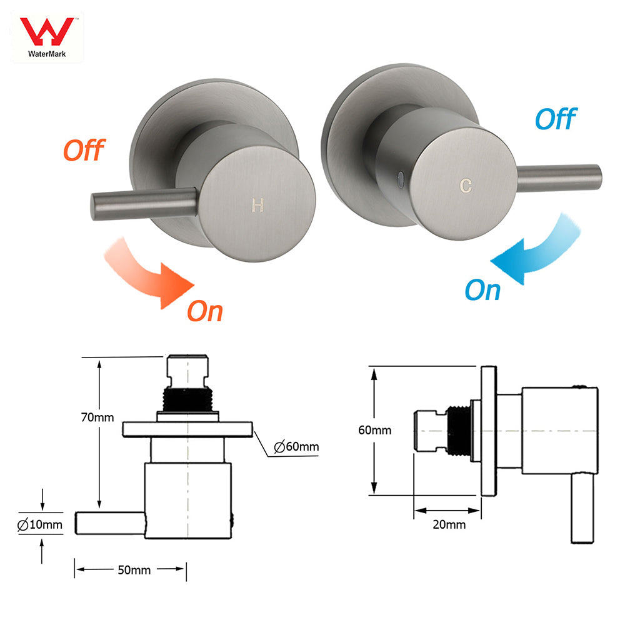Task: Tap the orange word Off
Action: [x=83, y=151]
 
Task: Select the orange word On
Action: [x=205, y=311]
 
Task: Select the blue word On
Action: [x=482, y=291]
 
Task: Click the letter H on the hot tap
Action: [x=257, y=205]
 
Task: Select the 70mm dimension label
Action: [x=98, y=417]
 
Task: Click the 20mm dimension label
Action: [x=449, y=524]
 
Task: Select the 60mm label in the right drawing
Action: [x=374, y=430]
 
